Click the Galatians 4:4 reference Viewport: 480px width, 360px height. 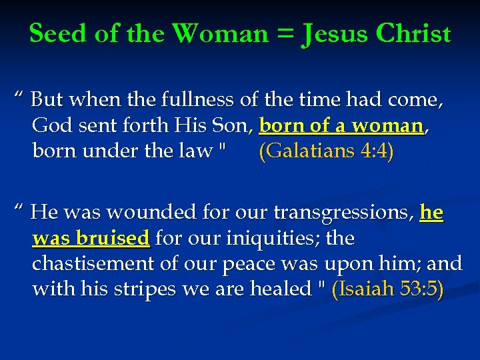326,151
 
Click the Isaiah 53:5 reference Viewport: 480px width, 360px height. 387,289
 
